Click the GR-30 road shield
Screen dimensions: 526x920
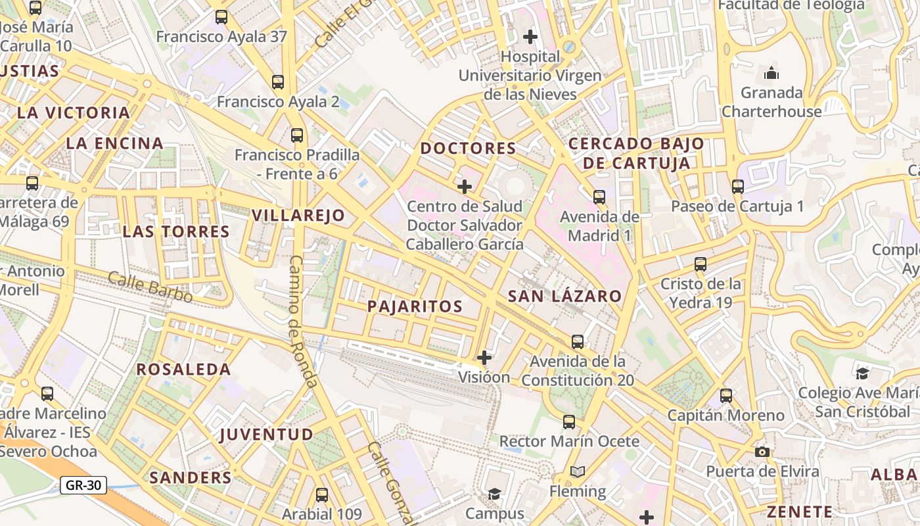click(83, 485)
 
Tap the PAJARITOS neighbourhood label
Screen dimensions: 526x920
click(415, 306)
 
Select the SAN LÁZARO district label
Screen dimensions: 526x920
click(564, 297)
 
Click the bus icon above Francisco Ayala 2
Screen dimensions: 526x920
click(278, 82)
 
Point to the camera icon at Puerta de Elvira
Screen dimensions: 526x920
click(762, 452)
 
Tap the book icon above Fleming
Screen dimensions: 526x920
click(578, 471)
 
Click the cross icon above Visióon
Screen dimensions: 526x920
click(484, 358)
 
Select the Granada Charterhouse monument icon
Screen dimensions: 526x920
click(771, 72)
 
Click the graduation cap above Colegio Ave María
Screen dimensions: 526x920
click(862, 373)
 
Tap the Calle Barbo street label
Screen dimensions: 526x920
click(150, 287)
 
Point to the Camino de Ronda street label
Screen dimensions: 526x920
click(304, 321)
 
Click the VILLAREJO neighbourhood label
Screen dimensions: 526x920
click(298, 215)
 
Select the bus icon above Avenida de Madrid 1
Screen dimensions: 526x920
click(599, 197)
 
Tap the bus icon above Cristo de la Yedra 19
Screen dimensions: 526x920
click(701, 264)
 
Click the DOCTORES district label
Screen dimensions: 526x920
click(468, 148)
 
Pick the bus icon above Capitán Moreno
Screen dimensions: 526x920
click(726, 396)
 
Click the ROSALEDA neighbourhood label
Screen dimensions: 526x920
click(183, 370)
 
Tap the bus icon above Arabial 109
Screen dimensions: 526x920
click(321, 494)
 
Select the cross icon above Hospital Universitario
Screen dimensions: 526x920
click(530, 37)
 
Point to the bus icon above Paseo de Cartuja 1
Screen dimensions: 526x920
click(737, 186)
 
